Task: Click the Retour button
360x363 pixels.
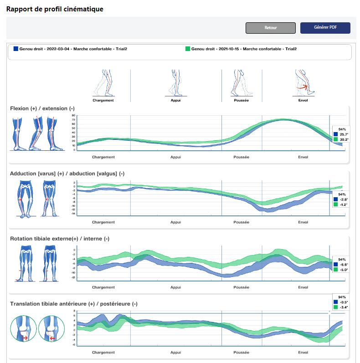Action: (x=270, y=28)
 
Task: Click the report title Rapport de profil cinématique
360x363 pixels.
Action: (x=55, y=9)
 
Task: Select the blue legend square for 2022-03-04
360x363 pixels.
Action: (x=16, y=49)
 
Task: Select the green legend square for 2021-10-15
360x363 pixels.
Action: (x=188, y=49)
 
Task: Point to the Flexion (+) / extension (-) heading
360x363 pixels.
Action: (x=42, y=108)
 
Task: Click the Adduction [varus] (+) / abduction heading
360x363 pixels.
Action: (x=67, y=174)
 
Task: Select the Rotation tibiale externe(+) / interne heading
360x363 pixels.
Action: (x=60, y=239)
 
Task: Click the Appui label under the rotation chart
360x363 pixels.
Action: (x=175, y=287)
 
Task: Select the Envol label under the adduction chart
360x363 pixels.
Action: (x=303, y=222)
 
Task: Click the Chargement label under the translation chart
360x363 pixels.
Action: (x=103, y=353)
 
